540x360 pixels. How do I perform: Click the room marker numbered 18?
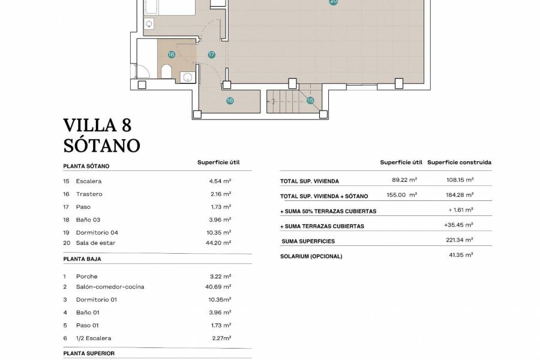(172, 55)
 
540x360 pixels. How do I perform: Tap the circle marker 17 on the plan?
(211, 55)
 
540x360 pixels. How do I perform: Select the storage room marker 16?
(230, 101)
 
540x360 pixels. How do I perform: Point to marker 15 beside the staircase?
(310, 101)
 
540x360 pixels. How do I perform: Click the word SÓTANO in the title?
(101, 145)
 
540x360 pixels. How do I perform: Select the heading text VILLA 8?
(97, 125)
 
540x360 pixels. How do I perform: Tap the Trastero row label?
(89, 194)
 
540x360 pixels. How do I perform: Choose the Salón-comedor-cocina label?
(110, 287)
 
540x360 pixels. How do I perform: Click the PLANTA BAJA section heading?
(82, 259)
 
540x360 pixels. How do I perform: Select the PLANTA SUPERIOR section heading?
(89, 353)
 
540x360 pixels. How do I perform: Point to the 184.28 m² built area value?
(460, 194)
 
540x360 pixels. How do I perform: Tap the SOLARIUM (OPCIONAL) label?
(311, 256)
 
